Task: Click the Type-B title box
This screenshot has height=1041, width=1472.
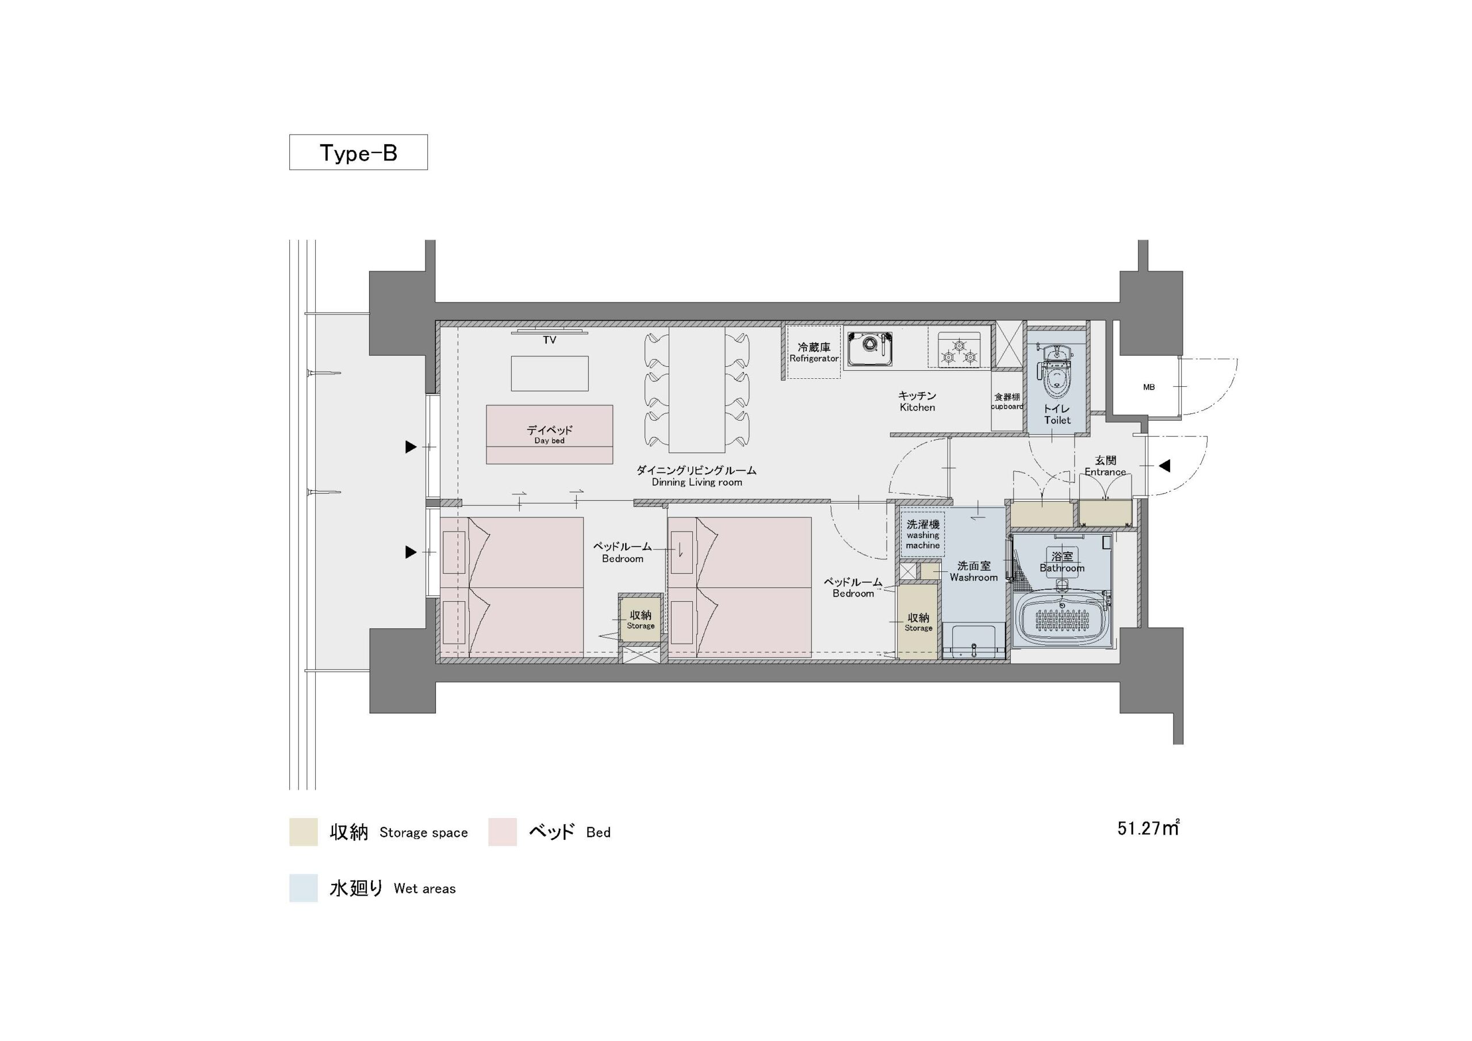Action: coord(358,152)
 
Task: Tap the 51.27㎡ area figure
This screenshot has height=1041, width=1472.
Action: coord(1148,828)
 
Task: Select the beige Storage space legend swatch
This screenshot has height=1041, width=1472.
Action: coord(303,831)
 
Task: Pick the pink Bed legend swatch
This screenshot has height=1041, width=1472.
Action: coord(503,831)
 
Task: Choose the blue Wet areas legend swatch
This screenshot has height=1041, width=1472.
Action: coord(303,888)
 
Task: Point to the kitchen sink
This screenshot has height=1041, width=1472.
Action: coord(869,349)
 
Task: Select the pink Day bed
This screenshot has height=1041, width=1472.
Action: coord(550,434)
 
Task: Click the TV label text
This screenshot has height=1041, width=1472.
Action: coord(550,340)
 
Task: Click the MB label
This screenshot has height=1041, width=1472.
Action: coord(1149,387)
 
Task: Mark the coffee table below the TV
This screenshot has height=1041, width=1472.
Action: coord(550,373)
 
